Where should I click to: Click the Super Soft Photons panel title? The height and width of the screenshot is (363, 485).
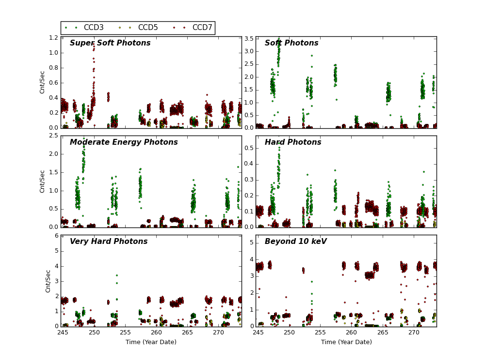(x=110, y=43)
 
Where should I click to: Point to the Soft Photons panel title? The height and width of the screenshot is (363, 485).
(x=291, y=43)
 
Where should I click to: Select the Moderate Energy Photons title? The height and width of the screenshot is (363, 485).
(x=124, y=142)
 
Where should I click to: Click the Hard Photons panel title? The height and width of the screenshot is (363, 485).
(x=293, y=142)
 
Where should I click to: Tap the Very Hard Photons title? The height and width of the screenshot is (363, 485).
(x=109, y=242)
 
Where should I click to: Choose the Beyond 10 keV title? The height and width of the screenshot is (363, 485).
(x=296, y=242)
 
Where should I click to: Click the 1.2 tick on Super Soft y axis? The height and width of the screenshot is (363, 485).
(x=53, y=38)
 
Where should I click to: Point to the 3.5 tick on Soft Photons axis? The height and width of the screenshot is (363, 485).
(x=248, y=39)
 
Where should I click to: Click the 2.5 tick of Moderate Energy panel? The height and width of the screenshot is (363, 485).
(x=53, y=136)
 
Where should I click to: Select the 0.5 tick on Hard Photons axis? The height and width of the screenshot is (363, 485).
(x=248, y=148)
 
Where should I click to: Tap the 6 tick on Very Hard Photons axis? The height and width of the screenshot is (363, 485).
(x=56, y=236)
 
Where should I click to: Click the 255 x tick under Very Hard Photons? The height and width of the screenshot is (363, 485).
(x=125, y=333)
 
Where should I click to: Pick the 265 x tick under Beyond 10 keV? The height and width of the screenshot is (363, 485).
(x=383, y=333)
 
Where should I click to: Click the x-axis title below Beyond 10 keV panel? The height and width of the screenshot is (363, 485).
(x=346, y=342)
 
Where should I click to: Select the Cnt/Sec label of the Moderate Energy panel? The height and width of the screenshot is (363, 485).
(x=42, y=181)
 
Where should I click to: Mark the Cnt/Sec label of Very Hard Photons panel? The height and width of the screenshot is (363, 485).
(x=48, y=281)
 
